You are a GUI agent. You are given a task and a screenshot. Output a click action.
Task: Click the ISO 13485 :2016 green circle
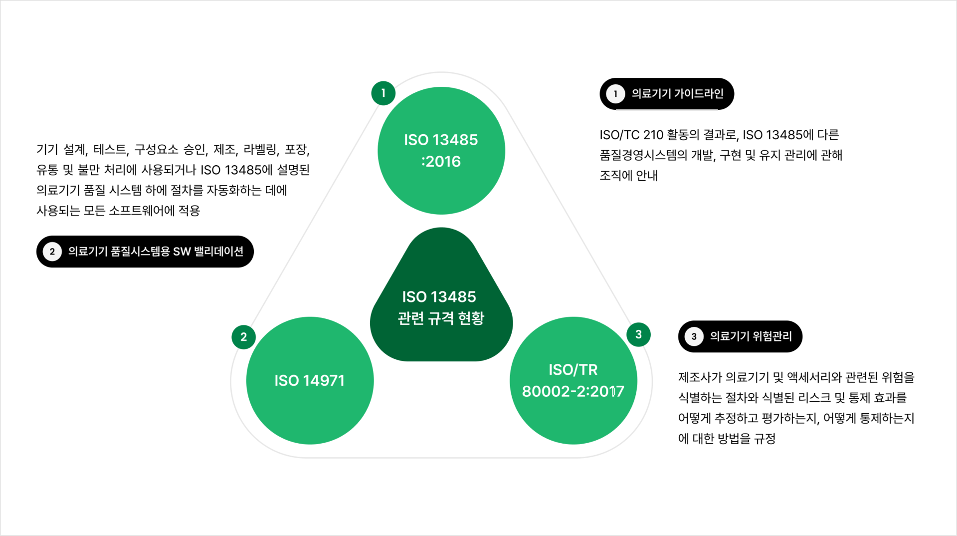click(441, 150)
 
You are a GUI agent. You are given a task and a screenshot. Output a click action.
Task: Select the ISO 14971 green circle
click(310, 380)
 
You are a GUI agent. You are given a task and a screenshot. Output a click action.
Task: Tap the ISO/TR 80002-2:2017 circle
click(573, 380)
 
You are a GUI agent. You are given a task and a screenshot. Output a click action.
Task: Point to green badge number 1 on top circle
click(383, 93)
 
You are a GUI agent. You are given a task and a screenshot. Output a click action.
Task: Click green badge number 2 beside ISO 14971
click(243, 337)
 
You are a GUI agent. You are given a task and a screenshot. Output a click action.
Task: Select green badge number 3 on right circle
click(638, 334)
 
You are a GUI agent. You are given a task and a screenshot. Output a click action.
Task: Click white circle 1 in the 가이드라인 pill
click(615, 94)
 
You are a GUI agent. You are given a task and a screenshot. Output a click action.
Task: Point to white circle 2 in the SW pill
click(52, 252)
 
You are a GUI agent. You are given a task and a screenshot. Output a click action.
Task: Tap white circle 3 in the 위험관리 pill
click(694, 336)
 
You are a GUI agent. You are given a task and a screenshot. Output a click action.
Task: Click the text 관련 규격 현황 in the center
click(441, 318)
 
